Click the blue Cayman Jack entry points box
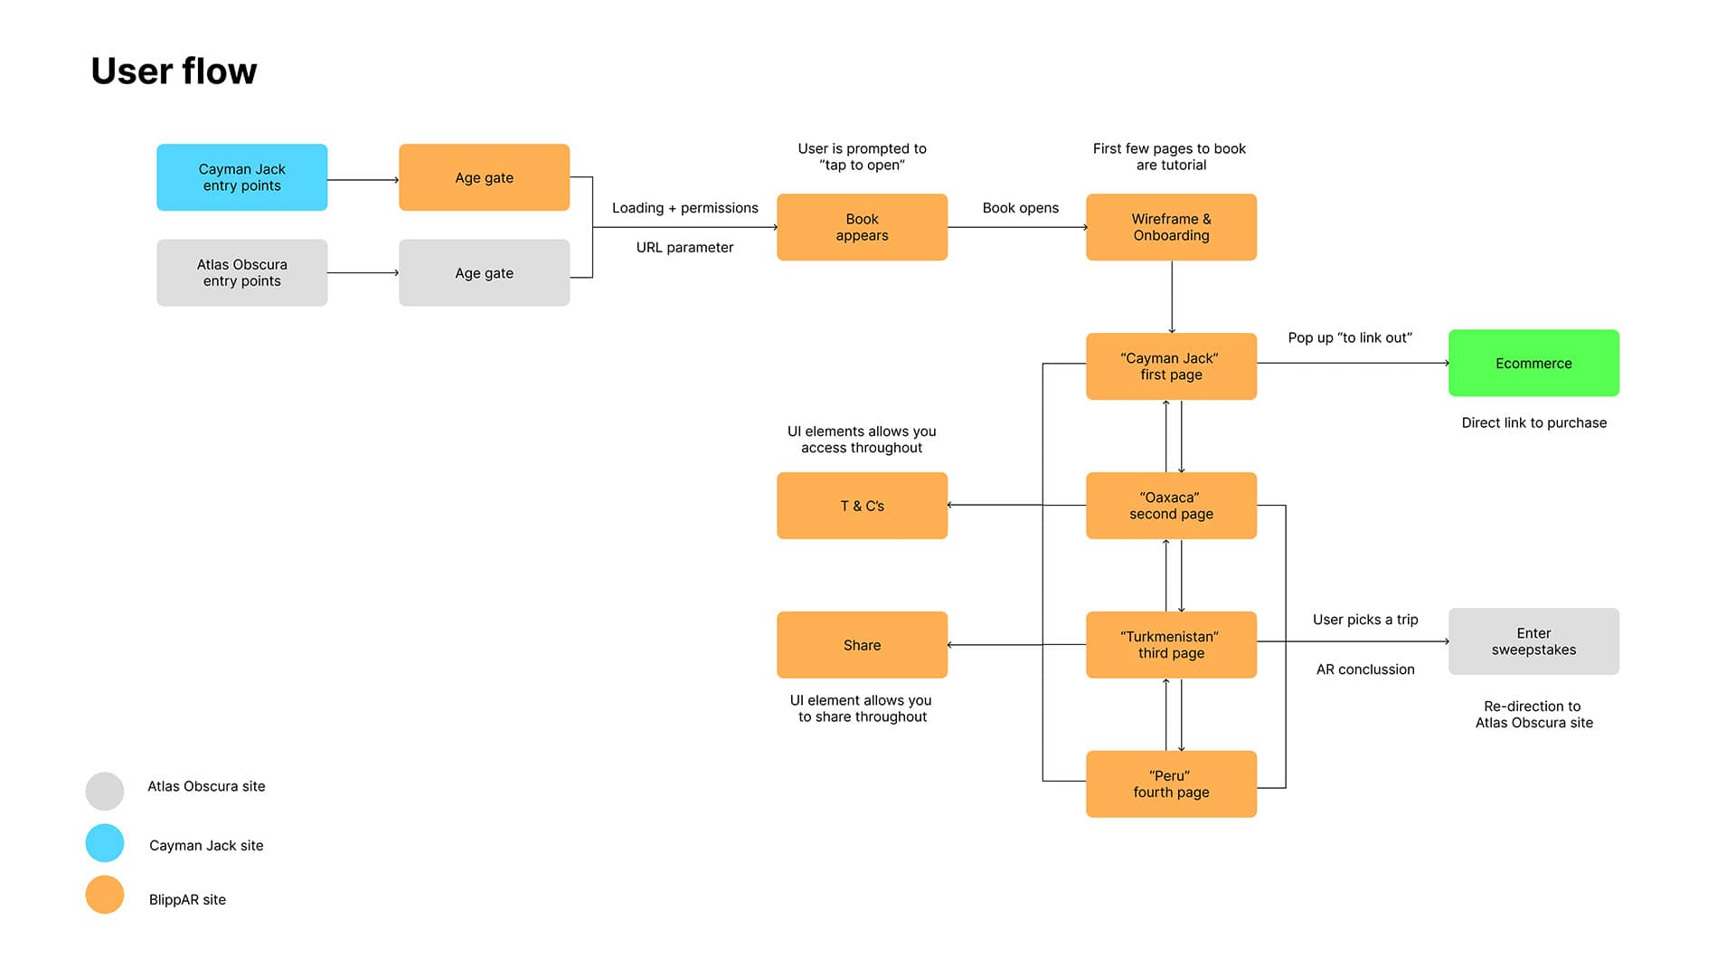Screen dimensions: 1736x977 point(241,177)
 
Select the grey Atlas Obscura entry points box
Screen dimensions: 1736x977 point(241,272)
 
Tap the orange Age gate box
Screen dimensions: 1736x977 point(484,177)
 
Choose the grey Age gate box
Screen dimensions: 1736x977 point(484,272)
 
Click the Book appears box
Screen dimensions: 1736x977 point(862,227)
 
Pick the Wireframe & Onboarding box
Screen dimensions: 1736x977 point(1171,227)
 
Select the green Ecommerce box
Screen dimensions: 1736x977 point(1533,363)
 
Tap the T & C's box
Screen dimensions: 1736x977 point(862,506)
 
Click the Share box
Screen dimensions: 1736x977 point(862,645)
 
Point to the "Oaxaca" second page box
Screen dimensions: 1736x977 point(1171,506)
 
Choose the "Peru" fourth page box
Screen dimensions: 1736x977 point(1171,784)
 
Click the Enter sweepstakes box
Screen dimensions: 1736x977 point(1533,641)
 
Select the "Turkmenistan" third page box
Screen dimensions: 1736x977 point(1171,645)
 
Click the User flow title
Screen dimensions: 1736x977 point(174,71)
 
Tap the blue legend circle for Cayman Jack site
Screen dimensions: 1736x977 point(105,843)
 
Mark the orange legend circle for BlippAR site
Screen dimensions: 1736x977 point(105,895)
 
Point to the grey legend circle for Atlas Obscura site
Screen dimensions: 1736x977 point(105,792)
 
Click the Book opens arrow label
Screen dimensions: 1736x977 point(1020,208)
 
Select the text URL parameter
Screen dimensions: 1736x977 point(684,248)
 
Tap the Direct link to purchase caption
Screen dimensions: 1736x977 point(1533,422)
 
